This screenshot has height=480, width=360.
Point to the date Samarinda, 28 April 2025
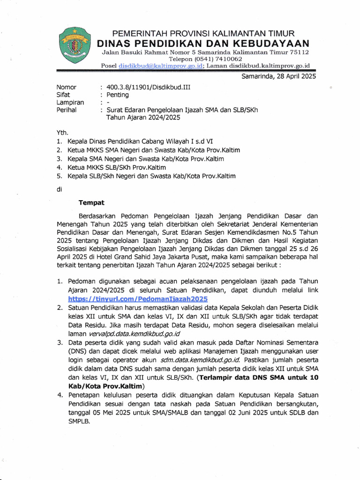278,76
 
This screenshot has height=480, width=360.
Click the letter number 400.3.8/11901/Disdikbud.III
149,87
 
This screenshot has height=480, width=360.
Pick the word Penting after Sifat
118,95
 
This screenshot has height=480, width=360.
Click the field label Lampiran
70,102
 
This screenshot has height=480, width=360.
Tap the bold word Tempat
91,203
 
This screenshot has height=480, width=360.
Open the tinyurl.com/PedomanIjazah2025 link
138,299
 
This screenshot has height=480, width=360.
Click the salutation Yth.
62,133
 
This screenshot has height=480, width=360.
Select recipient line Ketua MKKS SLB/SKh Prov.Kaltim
116,167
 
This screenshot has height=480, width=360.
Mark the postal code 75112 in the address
298,52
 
